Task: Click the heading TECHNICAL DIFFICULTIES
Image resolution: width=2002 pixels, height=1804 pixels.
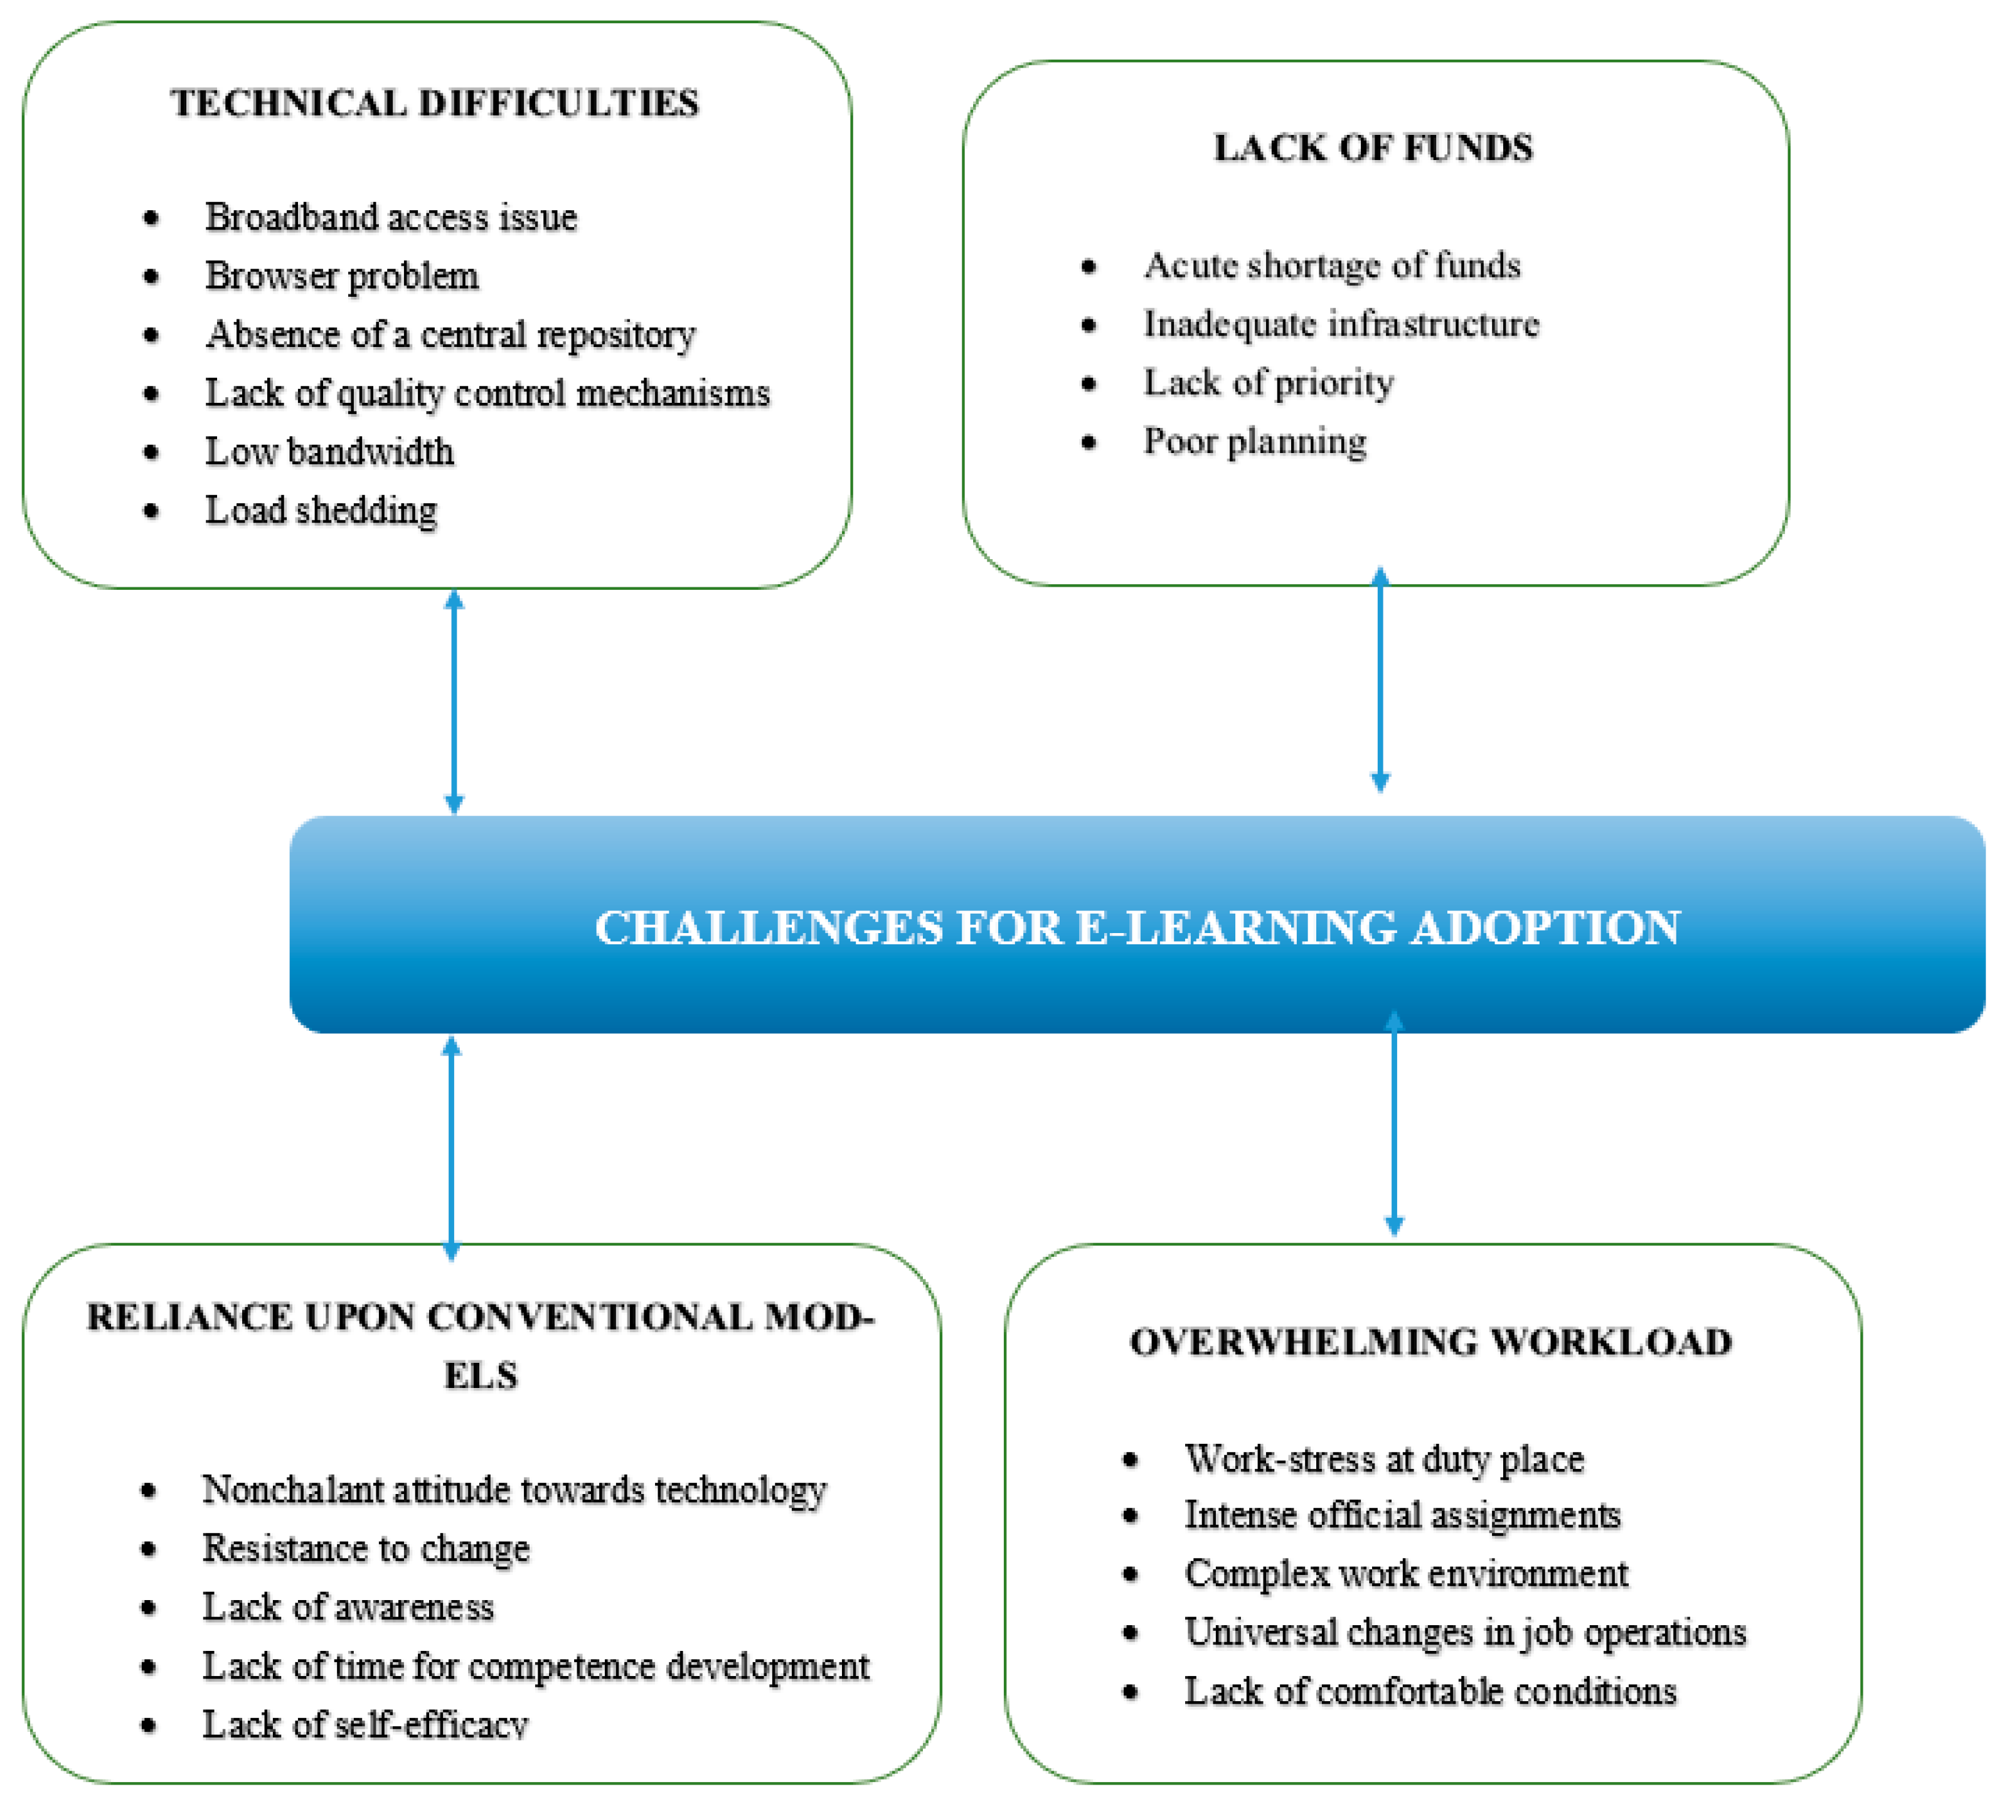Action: [434, 103]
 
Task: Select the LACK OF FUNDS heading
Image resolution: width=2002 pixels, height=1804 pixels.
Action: [1373, 147]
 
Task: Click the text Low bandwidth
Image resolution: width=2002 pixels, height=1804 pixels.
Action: [329, 452]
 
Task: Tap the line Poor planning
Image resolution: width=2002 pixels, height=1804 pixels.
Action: [1255, 441]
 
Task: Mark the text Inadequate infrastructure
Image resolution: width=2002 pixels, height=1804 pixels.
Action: [1341, 324]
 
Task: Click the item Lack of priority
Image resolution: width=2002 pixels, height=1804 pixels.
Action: [1269, 383]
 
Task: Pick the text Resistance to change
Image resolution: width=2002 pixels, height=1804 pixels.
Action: [366, 1548]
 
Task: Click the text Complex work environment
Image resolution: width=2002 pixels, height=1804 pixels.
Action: [1405, 1574]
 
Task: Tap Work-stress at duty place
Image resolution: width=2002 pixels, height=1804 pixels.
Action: [1383, 1459]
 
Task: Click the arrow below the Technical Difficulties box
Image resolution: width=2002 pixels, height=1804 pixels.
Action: [454, 702]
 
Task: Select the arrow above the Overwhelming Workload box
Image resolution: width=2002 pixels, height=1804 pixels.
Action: [1393, 1123]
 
